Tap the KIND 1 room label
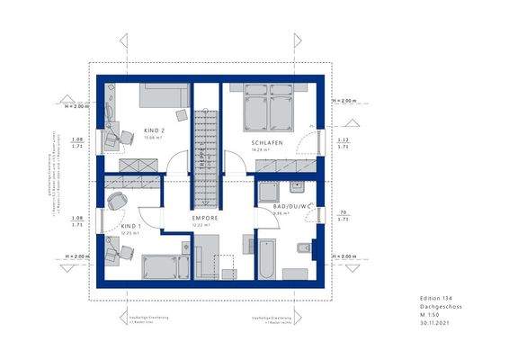tap(132, 225)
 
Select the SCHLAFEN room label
tap(268, 143)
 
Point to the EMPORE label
tap(205, 218)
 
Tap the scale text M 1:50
tap(433, 315)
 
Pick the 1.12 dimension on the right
tap(343, 139)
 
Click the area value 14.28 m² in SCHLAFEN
tap(268, 151)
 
